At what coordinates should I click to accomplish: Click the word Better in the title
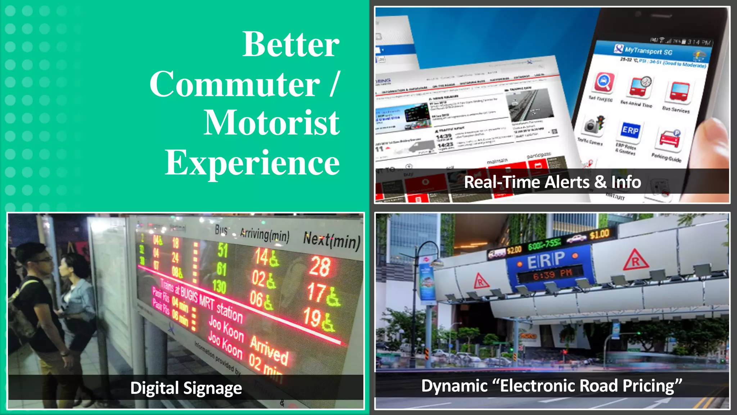291,45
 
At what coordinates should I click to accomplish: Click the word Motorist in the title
271,123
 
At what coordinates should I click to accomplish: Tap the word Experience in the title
252,163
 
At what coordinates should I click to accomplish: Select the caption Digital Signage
186,388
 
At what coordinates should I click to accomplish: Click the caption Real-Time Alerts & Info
552,182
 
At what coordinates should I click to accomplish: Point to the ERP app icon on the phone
630,130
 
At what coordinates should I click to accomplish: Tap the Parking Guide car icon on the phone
670,139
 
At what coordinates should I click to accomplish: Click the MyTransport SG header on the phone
648,51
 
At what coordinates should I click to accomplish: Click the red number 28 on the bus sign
319,267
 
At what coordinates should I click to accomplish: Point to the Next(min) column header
331,240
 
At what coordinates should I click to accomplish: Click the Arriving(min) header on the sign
265,235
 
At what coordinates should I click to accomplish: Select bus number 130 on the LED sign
219,286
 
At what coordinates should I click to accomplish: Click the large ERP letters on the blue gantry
546,260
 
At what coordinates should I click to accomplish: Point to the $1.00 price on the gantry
599,235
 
